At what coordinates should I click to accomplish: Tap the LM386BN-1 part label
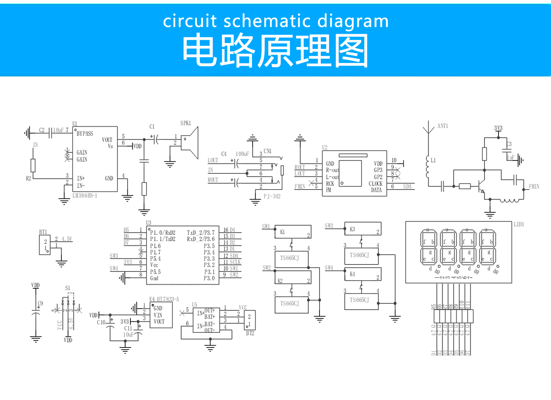pos(85,196)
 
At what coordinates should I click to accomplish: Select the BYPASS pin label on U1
pos(84,134)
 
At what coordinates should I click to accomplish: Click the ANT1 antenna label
pos(442,126)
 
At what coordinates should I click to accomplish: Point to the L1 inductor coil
pos(427,167)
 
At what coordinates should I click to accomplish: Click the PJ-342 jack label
pos(272,197)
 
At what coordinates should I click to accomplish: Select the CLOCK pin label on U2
pos(375,184)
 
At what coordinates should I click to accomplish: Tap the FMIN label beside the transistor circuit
pos(534,187)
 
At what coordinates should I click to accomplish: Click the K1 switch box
pos(293,232)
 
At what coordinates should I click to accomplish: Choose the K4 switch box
pos(363,274)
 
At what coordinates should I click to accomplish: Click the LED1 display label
pos(519,224)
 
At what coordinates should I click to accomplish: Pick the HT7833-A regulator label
pos(168,299)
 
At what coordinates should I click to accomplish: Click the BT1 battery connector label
pos(43,232)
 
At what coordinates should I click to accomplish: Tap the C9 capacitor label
pos(40,303)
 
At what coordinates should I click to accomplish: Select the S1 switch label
pos(68,288)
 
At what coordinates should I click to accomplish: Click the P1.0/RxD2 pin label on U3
pos(163,233)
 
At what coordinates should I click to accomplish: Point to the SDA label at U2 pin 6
pos(407,187)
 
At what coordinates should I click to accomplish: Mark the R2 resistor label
pos(28,179)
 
